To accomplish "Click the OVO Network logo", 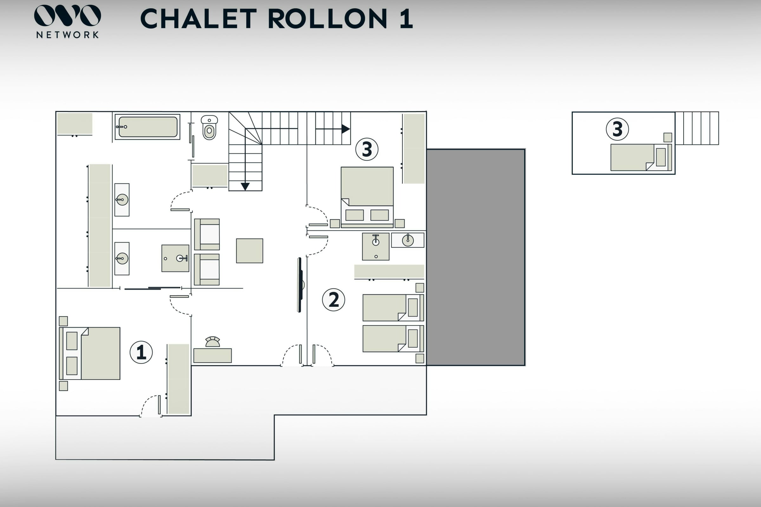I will coord(67,21).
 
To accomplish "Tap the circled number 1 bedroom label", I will coord(141,352).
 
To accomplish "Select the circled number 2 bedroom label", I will coord(334,300).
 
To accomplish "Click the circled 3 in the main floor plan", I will coord(367,149).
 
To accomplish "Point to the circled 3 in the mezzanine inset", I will coord(617,129).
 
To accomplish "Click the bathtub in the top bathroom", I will coord(147,127).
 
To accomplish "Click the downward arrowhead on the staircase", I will coord(245,186).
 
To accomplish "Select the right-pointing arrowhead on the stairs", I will coord(345,129).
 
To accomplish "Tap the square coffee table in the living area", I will coord(250,251).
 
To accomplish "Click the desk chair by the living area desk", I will coord(212,342).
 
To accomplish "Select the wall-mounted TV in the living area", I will coord(300,285).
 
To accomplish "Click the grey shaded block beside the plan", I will coord(476,257).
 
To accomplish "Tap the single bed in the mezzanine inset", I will coord(641,157).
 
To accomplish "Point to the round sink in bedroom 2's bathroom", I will coord(408,240).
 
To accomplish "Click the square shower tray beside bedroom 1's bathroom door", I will coord(175,258).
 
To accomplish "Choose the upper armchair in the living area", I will coord(207,234).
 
